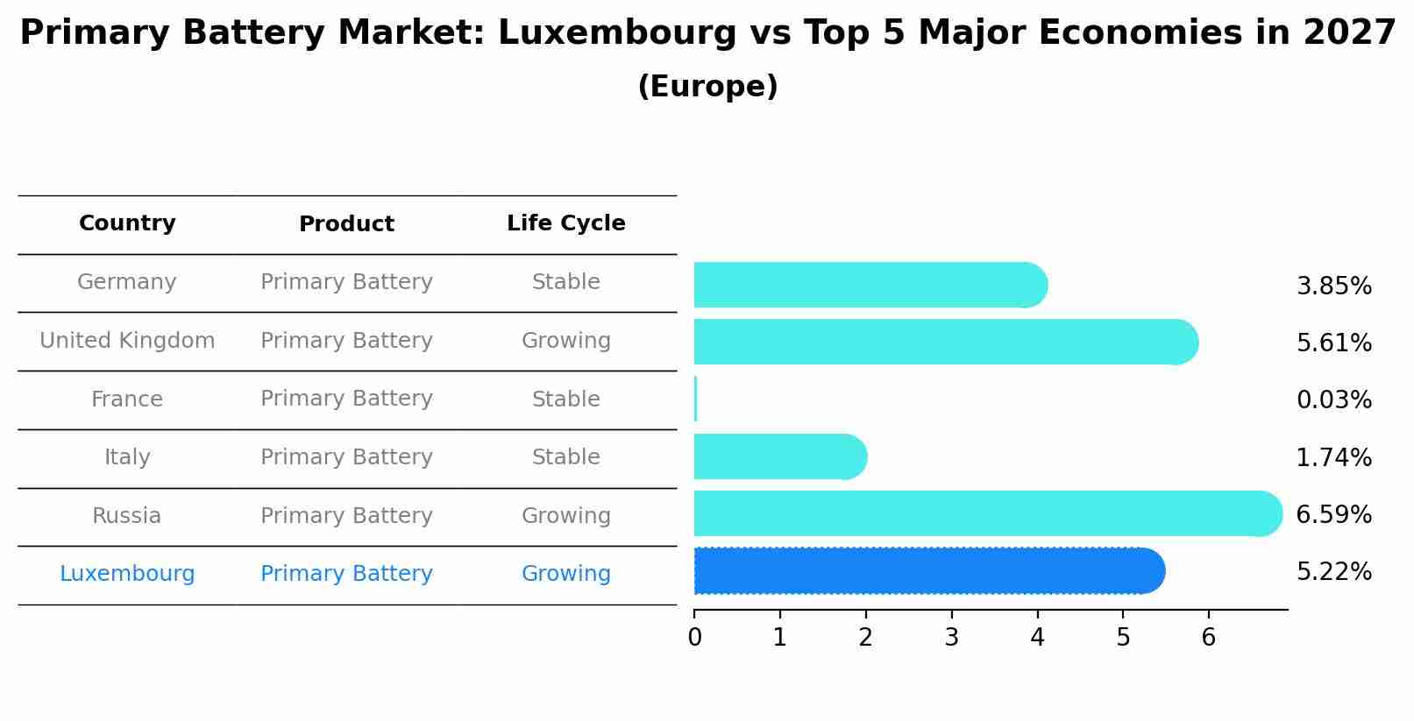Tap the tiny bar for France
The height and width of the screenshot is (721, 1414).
(x=695, y=399)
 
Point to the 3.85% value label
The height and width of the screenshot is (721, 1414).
(x=1333, y=286)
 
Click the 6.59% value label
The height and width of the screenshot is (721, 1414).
(x=1333, y=514)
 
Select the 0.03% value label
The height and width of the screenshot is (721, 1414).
(x=1333, y=400)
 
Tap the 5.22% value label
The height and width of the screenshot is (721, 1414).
(x=1333, y=572)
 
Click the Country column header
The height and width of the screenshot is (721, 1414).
(x=127, y=223)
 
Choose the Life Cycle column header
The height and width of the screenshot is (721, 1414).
(x=565, y=223)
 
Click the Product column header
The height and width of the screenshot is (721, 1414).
(x=346, y=224)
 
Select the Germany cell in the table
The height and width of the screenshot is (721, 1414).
(x=127, y=282)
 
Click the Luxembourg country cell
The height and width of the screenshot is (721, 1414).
(x=127, y=574)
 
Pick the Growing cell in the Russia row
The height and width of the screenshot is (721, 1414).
(x=565, y=516)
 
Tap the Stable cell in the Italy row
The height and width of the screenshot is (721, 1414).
(x=565, y=457)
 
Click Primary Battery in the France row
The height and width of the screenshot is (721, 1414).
(x=346, y=399)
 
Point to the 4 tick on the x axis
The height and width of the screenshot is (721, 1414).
(x=1037, y=638)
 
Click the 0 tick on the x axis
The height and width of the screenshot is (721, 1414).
(x=694, y=638)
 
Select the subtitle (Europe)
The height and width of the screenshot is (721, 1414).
(x=707, y=87)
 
